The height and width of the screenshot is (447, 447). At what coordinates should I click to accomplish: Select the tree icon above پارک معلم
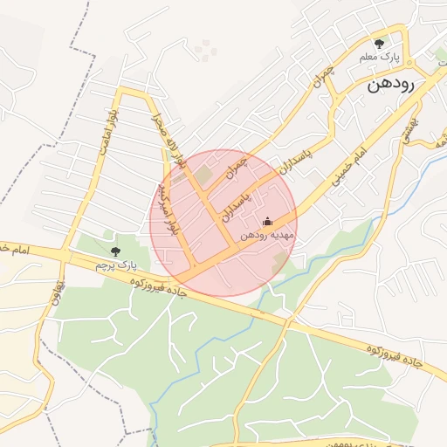tap(379, 43)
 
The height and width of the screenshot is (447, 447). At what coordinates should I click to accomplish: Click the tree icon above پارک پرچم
tap(116, 251)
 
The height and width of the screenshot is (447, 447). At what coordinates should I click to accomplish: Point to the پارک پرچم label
tap(116, 265)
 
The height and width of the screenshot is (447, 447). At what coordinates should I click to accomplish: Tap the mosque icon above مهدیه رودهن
tap(267, 222)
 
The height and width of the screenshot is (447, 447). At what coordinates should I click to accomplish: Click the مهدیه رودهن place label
tap(268, 236)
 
